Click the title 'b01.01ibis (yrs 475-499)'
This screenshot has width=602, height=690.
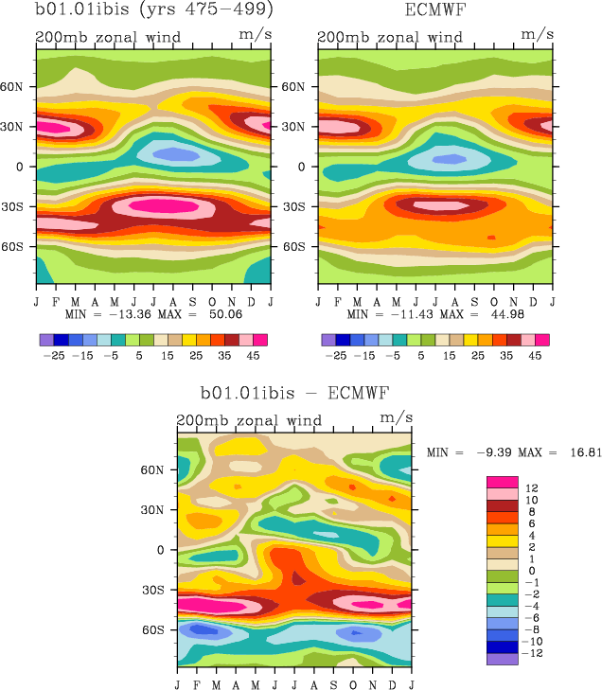(x=154, y=11)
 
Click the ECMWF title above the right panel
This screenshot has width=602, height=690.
(x=435, y=11)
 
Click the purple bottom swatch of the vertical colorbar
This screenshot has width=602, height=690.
(x=502, y=660)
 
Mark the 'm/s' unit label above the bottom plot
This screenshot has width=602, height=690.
(x=396, y=416)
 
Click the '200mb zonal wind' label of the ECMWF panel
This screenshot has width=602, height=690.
(x=390, y=38)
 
